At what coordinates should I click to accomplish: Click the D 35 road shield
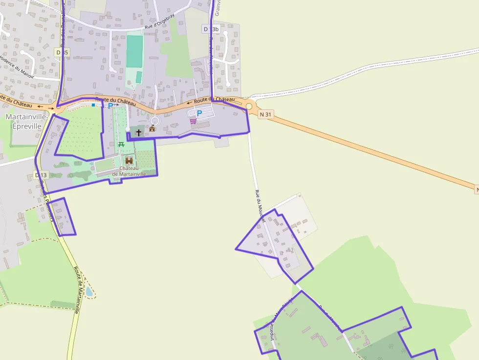pyautogui.click(x=62, y=52)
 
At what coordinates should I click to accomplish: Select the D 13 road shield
pyautogui.click(x=41, y=175)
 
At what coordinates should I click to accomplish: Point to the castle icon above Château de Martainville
pyautogui.click(x=129, y=160)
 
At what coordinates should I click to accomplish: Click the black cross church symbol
pyautogui.click(x=139, y=132)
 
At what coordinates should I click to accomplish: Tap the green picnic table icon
pyautogui.click(x=121, y=144)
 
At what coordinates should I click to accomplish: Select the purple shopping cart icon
pyautogui.click(x=193, y=121)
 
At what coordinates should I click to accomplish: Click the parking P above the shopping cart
pyautogui.click(x=199, y=113)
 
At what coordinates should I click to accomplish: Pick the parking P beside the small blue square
pyautogui.click(x=110, y=105)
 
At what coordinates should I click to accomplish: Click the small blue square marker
pyautogui.click(x=93, y=105)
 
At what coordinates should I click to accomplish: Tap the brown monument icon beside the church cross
pyautogui.click(x=152, y=128)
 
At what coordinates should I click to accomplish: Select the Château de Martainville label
pyautogui.click(x=129, y=171)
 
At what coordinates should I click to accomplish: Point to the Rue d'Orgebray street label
pyautogui.click(x=160, y=21)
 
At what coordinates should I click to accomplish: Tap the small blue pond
pyautogui.click(x=89, y=291)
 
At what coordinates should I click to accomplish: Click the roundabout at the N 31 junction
pyautogui.click(x=249, y=106)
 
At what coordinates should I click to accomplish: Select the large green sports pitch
pyautogui.click(x=134, y=51)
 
